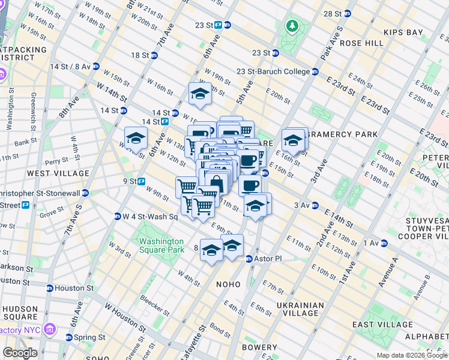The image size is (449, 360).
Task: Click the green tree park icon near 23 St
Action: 292,25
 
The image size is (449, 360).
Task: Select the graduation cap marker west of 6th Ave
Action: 136,139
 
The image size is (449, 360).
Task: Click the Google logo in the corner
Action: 20,353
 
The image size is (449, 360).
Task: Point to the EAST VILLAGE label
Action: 381,325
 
